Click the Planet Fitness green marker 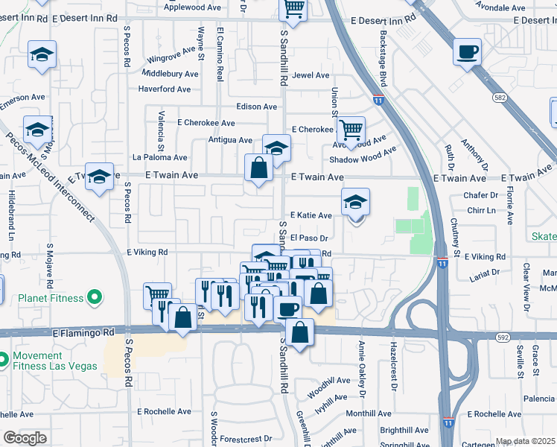[94, 299]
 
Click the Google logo [25, 438]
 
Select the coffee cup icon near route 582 [467, 52]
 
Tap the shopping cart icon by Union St [350, 130]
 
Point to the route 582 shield [500, 98]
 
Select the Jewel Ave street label [311, 75]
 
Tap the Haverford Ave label [165, 89]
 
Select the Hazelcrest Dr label [393, 368]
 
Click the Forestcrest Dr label [246, 439]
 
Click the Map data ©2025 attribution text [525, 441]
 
